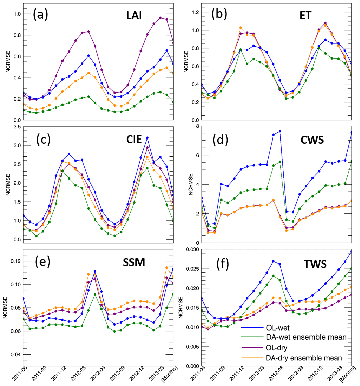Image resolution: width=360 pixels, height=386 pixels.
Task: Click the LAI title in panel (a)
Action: coord(134,15)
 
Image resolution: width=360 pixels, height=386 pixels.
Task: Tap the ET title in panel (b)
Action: coord(305,15)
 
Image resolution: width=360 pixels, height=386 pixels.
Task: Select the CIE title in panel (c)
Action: coord(134,139)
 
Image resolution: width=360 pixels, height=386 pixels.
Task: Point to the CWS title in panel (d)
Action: coord(312,140)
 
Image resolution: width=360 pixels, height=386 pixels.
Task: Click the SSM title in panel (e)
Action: coord(134,262)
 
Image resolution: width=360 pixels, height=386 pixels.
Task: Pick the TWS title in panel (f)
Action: coord(315,264)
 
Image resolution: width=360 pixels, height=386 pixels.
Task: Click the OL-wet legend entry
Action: coord(278,328)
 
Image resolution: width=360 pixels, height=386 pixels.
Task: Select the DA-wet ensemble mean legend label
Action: coord(306,337)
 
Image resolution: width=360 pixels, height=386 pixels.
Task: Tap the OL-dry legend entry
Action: coord(277,348)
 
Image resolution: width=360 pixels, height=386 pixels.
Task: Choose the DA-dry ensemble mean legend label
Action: coord(304,358)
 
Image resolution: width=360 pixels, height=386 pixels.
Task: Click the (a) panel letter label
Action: coord(40,14)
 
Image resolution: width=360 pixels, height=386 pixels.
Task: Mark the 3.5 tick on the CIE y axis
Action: coord(17,127)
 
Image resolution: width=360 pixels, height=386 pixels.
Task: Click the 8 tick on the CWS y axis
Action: coord(197,126)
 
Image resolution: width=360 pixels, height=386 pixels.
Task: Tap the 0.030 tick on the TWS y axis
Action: coord(193,250)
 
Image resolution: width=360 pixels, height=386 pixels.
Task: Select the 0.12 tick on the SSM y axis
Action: coord(17,261)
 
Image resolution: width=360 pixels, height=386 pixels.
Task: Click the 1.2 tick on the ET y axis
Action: coord(195,12)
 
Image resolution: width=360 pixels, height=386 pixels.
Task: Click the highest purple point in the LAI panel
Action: coord(160,18)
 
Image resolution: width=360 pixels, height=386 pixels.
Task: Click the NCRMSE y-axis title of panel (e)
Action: coord(5,308)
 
